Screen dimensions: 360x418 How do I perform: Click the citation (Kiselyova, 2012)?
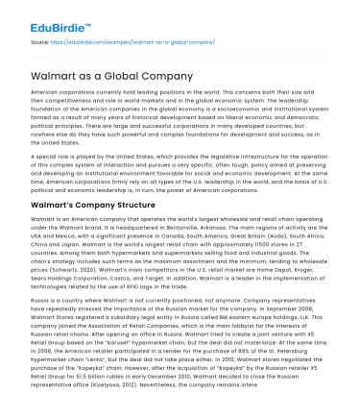click(161, 406)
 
